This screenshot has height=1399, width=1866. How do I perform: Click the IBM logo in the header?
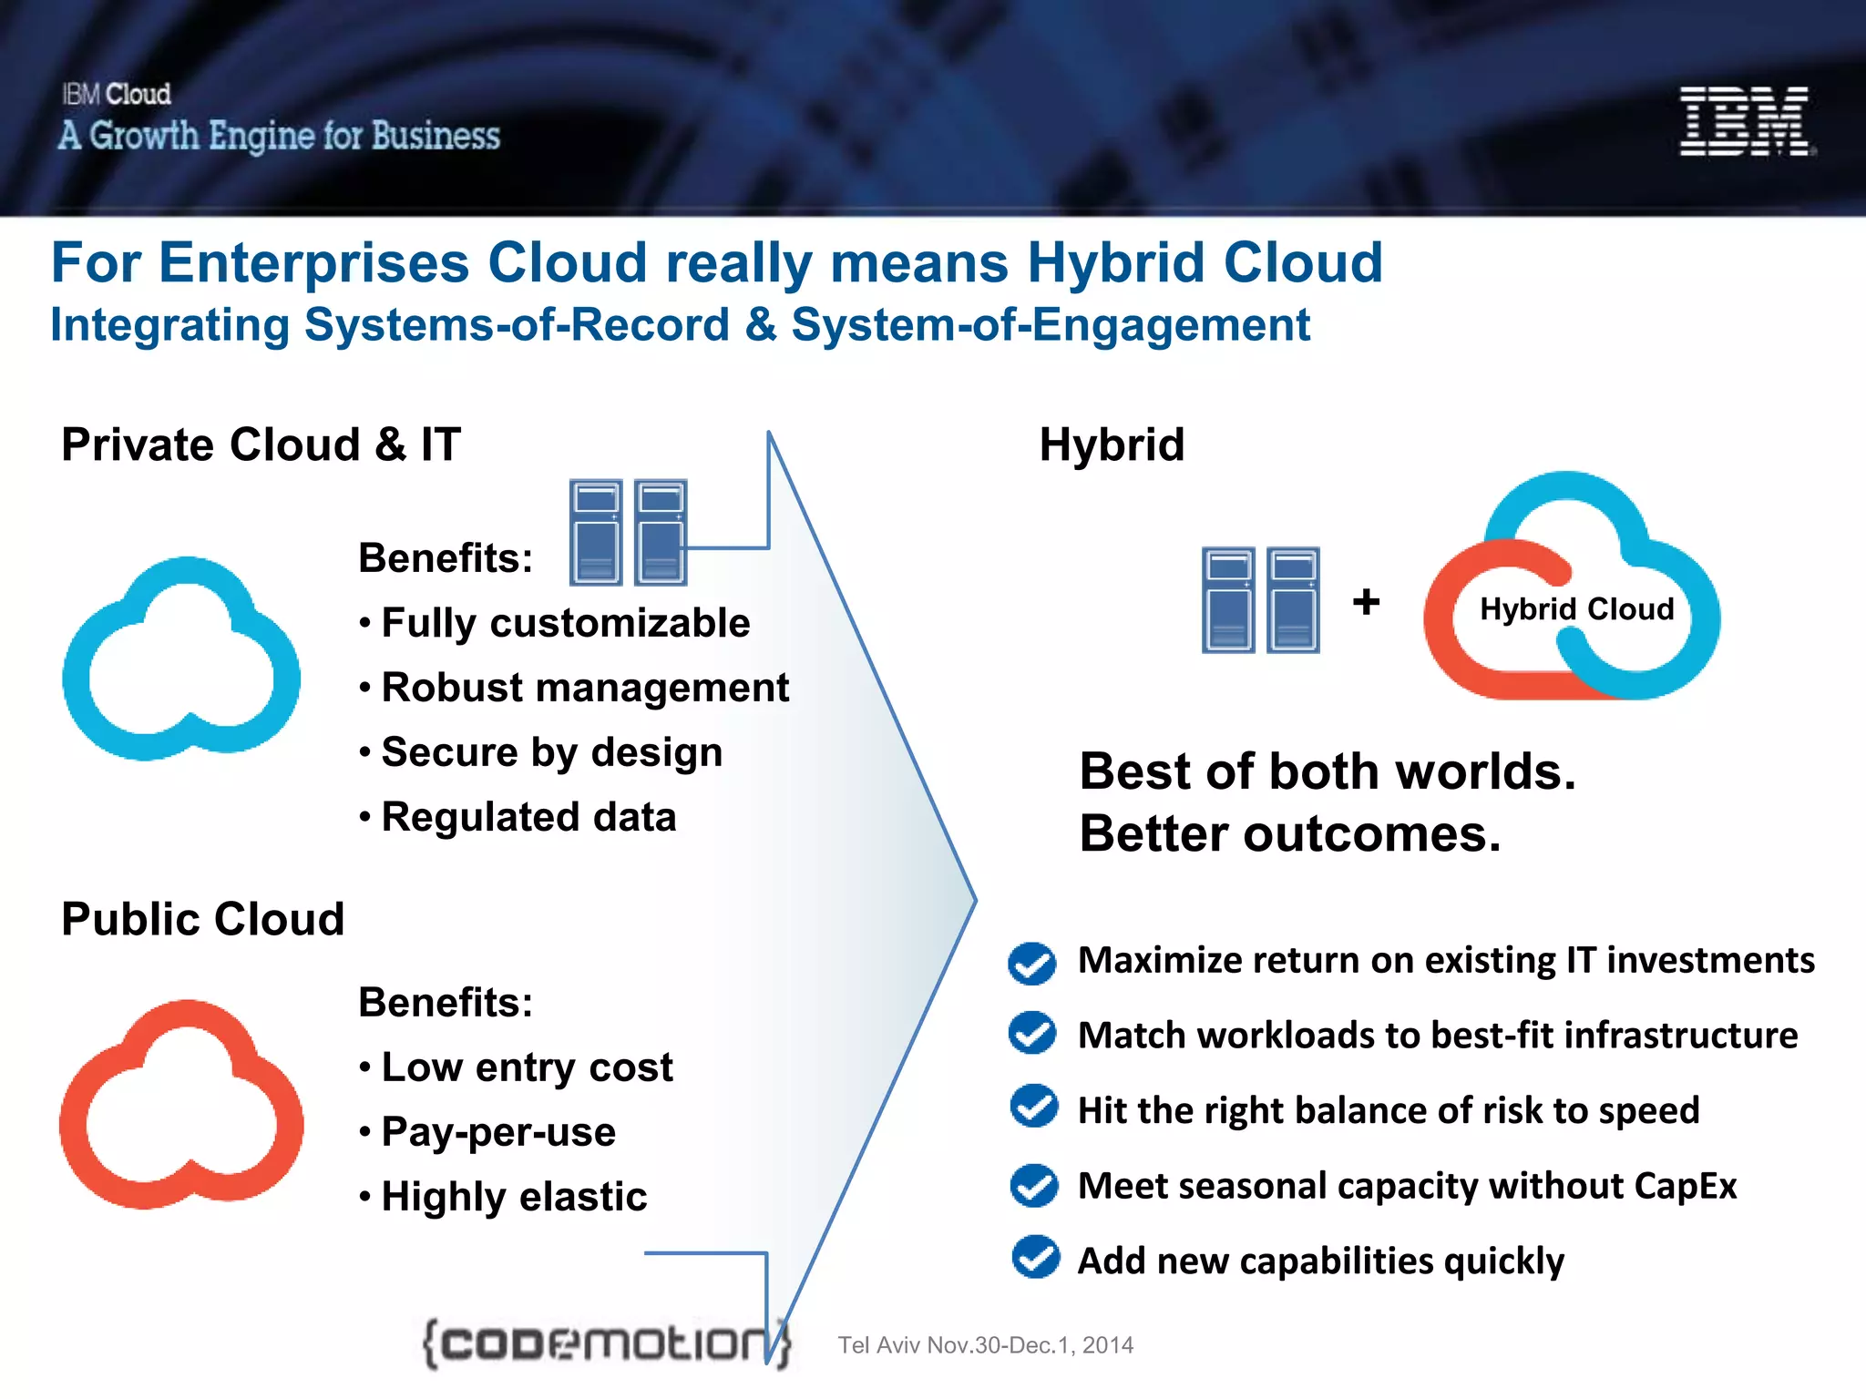(x=1745, y=121)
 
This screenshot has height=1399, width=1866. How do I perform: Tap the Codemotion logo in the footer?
(x=605, y=1343)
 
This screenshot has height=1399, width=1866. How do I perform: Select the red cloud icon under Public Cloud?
(x=181, y=1105)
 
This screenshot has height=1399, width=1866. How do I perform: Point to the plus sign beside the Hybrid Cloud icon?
(x=1366, y=602)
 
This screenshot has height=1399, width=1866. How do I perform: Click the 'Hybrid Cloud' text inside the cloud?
(x=1576, y=608)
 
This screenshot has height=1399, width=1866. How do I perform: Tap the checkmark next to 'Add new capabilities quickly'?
(x=1035, y=1258)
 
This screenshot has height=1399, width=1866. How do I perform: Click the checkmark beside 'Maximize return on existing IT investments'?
(x=1032, y=963)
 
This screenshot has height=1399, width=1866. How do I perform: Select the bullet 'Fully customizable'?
(x=565, y=623)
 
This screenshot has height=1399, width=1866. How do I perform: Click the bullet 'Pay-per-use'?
(x=498, y=1132)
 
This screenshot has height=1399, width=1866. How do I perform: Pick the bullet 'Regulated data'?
(x=528, y=817)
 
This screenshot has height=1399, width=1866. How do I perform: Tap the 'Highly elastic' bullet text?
(x=514, y=1197)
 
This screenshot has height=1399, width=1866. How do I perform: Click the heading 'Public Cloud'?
(x=202, y=919)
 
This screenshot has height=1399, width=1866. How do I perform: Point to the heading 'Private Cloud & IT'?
(x=261, y=445)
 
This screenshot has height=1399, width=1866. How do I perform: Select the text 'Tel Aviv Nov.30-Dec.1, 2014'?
(x=985, y=1345)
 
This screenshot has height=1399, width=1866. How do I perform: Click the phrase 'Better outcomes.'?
(x=1289, y=834)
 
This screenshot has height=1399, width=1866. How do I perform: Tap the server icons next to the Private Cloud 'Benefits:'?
(x=628, y=532)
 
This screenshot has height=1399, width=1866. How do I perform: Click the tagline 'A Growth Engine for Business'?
(x=279, y=136)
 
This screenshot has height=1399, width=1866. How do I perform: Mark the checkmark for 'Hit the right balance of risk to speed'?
(x=1034, y=1107)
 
